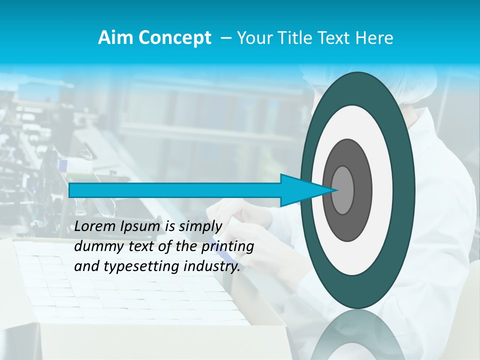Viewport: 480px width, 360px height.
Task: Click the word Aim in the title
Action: click(115, 38)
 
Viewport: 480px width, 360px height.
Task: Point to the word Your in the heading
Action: click(254, 38)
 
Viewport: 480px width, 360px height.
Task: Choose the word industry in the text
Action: click(210, 266)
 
